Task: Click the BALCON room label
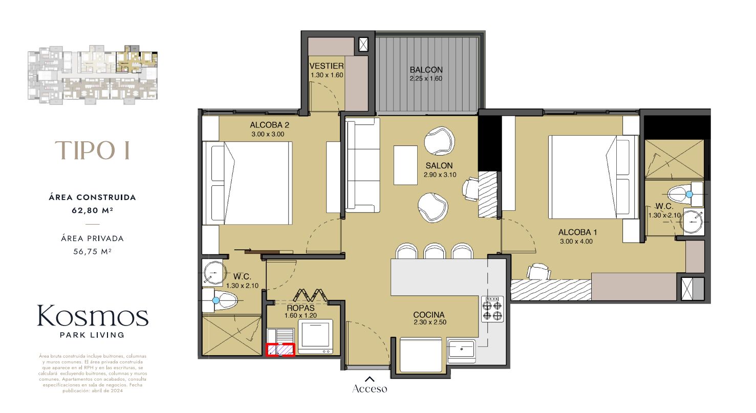click(x=426, y=70)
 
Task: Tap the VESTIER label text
click(x=326, y=66)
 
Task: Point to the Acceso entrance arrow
click(x=370, y=379)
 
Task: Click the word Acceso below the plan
click(x=370, y=389)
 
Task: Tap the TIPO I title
click(x=92, y=150)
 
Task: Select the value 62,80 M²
click(x=92, y=209)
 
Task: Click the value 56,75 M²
click(x=92, y=251)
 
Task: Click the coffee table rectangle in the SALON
click(x=405, y=165)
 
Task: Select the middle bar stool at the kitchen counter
click(x=434, y=251)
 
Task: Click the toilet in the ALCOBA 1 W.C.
click(x=683, y=194)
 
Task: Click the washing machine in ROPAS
click(x=316, y=337)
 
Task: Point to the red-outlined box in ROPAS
click(x=280, y=350)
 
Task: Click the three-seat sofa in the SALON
click(x=362, y=165)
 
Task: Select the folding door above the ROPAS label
click(x=312, y=296)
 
